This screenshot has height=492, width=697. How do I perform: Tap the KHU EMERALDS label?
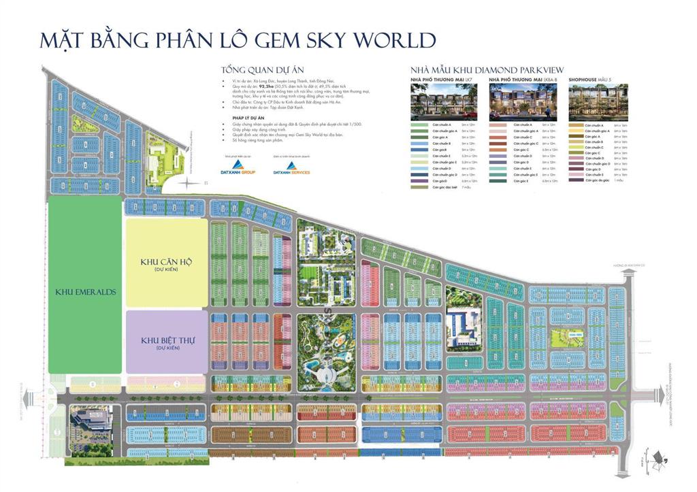(86, 292)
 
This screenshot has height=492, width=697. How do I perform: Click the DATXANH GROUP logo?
(238, 167)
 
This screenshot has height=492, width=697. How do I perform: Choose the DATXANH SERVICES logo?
(291, 167)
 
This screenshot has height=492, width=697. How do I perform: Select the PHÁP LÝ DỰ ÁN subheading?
(238, 116)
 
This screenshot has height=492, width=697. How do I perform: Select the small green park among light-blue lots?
(564, 336)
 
